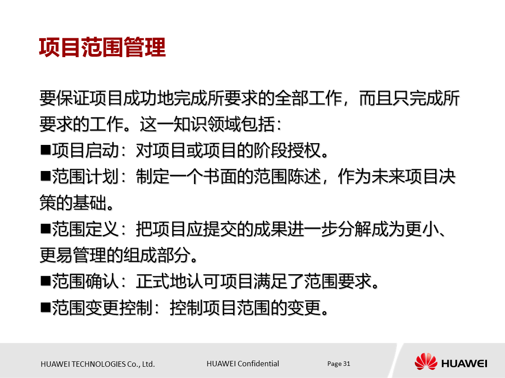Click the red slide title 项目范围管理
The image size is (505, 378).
(x=102, y=48)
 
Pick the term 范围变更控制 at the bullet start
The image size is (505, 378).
(x=102, y=308)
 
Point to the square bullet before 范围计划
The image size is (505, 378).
(x=45, y=176)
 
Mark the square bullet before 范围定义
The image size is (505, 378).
(x=45, y=228)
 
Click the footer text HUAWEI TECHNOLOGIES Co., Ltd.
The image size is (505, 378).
(x=97, y=364)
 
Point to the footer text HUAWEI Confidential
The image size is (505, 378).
(x=243, y=364)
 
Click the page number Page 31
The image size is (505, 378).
(x=339, y=364)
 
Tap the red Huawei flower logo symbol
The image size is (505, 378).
(x=426, y=361)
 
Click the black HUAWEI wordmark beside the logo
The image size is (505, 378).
(x=464, y=363)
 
